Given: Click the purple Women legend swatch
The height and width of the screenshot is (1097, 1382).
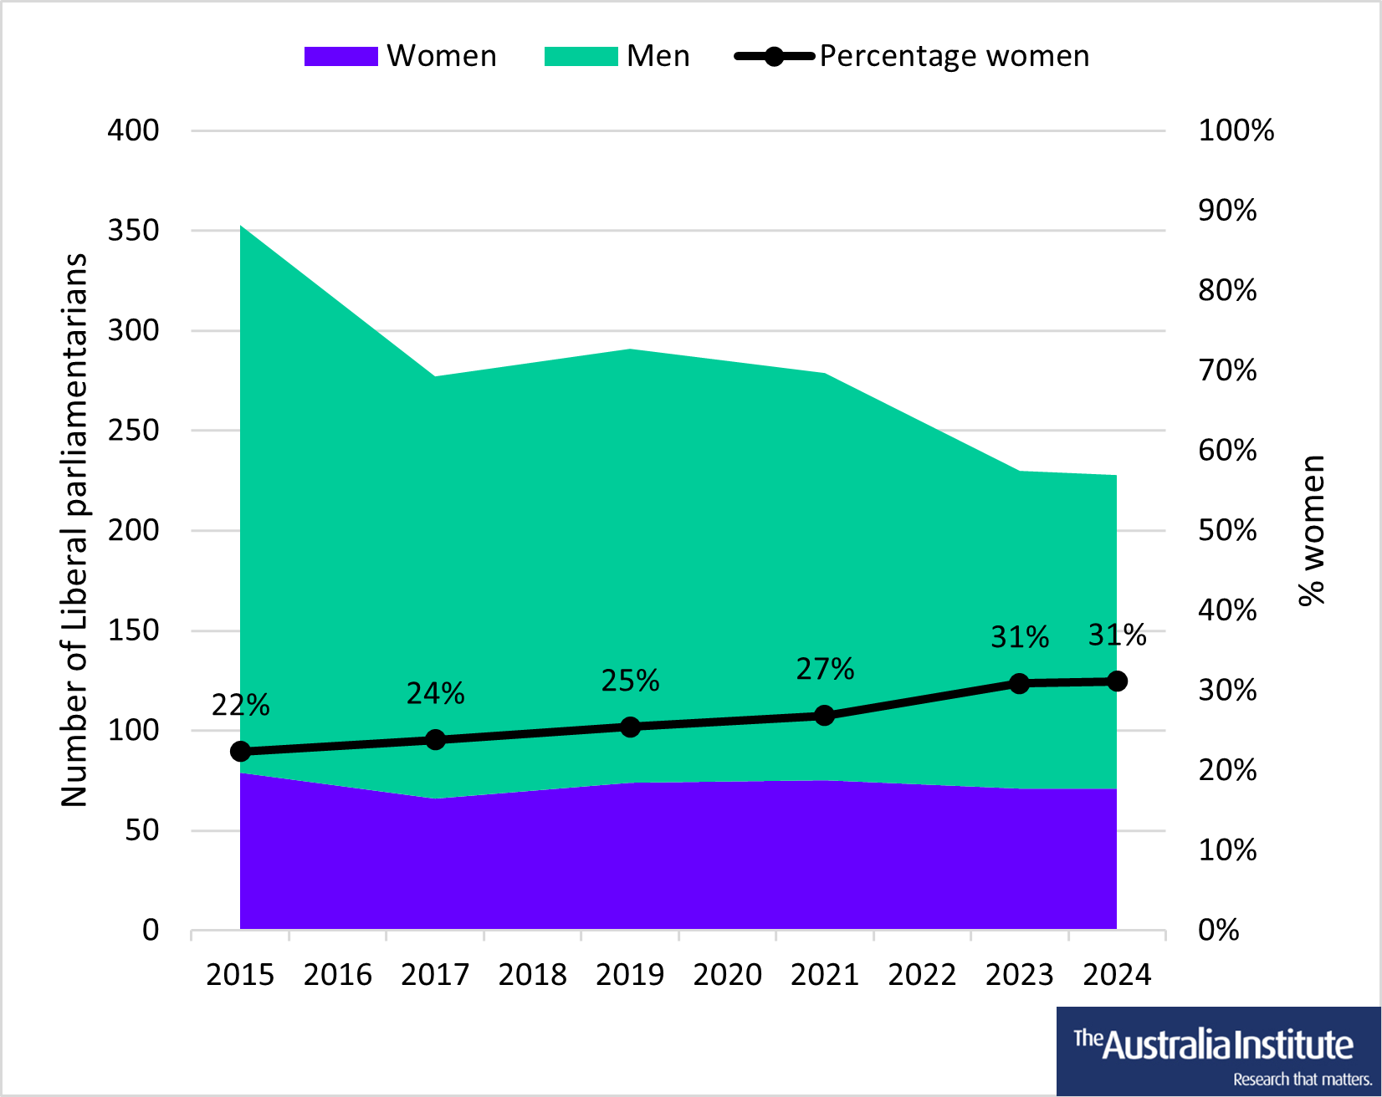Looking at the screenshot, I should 340,56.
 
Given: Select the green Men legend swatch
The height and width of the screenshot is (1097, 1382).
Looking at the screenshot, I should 581,56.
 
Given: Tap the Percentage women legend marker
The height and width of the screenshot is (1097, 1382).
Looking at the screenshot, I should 774,56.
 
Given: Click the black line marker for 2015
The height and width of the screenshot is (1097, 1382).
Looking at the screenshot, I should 240,752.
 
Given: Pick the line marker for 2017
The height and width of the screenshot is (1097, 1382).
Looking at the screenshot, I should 435,739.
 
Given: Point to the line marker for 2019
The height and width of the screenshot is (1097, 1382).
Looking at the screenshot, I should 630,727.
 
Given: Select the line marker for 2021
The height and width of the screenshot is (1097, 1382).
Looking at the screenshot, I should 824,716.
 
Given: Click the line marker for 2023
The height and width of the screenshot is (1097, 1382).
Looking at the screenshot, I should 1019,684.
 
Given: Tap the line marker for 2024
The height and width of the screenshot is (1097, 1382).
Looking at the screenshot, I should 1117,681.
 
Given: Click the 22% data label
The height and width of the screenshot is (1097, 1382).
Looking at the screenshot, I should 240,706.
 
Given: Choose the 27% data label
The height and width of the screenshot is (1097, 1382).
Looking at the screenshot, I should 825,669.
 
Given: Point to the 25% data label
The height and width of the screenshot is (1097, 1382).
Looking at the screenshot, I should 630,681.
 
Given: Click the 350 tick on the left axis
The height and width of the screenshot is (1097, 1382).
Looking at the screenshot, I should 133,231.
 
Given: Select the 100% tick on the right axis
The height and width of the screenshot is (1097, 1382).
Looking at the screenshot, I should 1236,130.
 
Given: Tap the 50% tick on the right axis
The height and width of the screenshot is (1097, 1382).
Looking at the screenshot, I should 1226,530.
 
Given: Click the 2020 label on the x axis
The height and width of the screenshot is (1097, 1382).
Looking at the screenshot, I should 727,975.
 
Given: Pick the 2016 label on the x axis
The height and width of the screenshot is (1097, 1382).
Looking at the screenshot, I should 337,975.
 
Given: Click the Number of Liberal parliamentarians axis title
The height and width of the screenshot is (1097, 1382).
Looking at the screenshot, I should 74,530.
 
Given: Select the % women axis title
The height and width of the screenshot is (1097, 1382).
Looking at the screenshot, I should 1312,530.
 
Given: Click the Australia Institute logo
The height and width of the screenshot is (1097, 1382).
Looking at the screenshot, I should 1218,1051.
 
